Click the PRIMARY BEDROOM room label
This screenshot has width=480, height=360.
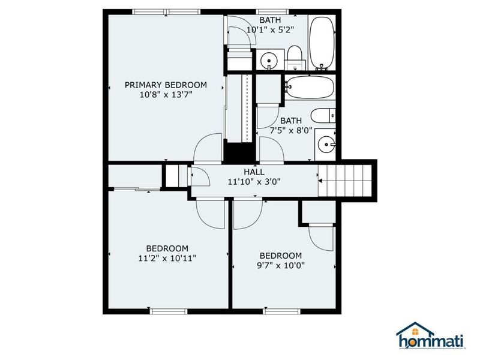pos(166,85)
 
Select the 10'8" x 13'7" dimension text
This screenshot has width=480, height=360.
pos(166,94)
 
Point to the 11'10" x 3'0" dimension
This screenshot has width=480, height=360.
pos(254,181)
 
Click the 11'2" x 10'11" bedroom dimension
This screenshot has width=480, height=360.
pos(167,258)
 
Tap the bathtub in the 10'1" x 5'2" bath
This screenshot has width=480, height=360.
pos(322,42)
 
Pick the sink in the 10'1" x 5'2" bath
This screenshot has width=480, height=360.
pos(268,60)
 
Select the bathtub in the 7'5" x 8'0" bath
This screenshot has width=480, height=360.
pos(309,88)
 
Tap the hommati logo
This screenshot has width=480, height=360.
pos(431,336)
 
